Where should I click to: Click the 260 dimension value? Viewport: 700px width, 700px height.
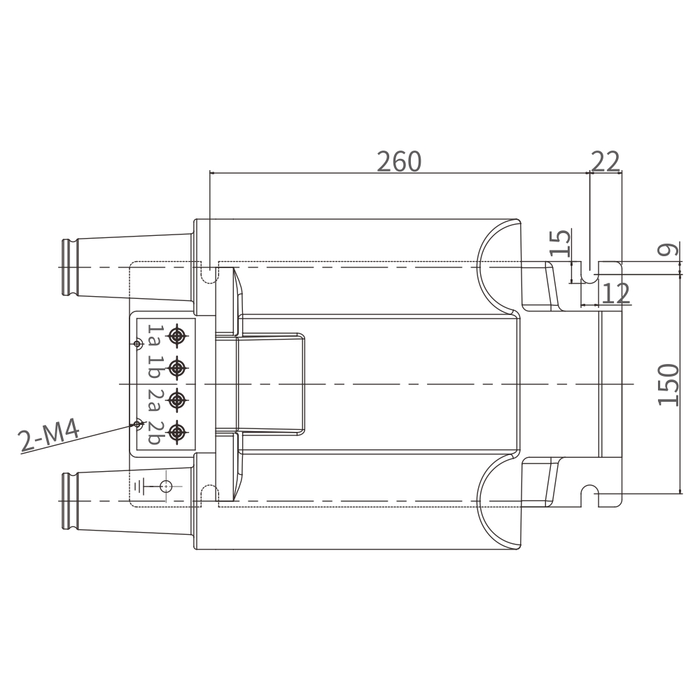[399, 162]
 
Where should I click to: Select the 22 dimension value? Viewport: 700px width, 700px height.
[605, 162]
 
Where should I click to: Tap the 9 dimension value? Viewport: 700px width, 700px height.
[668, 250]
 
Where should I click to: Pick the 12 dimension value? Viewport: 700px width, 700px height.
[616, 293]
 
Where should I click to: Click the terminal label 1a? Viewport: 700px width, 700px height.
[153, 336]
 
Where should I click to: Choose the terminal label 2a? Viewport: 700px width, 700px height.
[153, 400]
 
